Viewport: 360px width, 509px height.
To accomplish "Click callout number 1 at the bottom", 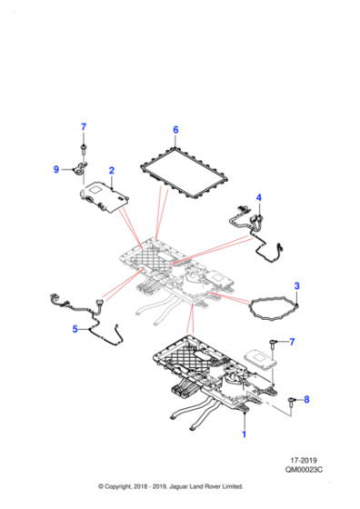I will point(243,435).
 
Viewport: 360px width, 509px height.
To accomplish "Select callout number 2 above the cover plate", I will point(111,171).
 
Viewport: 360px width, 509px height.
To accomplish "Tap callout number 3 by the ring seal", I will point(297,286).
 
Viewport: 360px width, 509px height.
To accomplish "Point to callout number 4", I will point(258,197).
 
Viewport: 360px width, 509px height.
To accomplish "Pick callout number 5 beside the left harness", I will point(76,329).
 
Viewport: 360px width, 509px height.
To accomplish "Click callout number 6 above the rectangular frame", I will point(175,130).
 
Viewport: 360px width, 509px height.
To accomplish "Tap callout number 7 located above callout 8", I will point(293,342).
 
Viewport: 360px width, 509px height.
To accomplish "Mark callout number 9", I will point(55,168).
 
